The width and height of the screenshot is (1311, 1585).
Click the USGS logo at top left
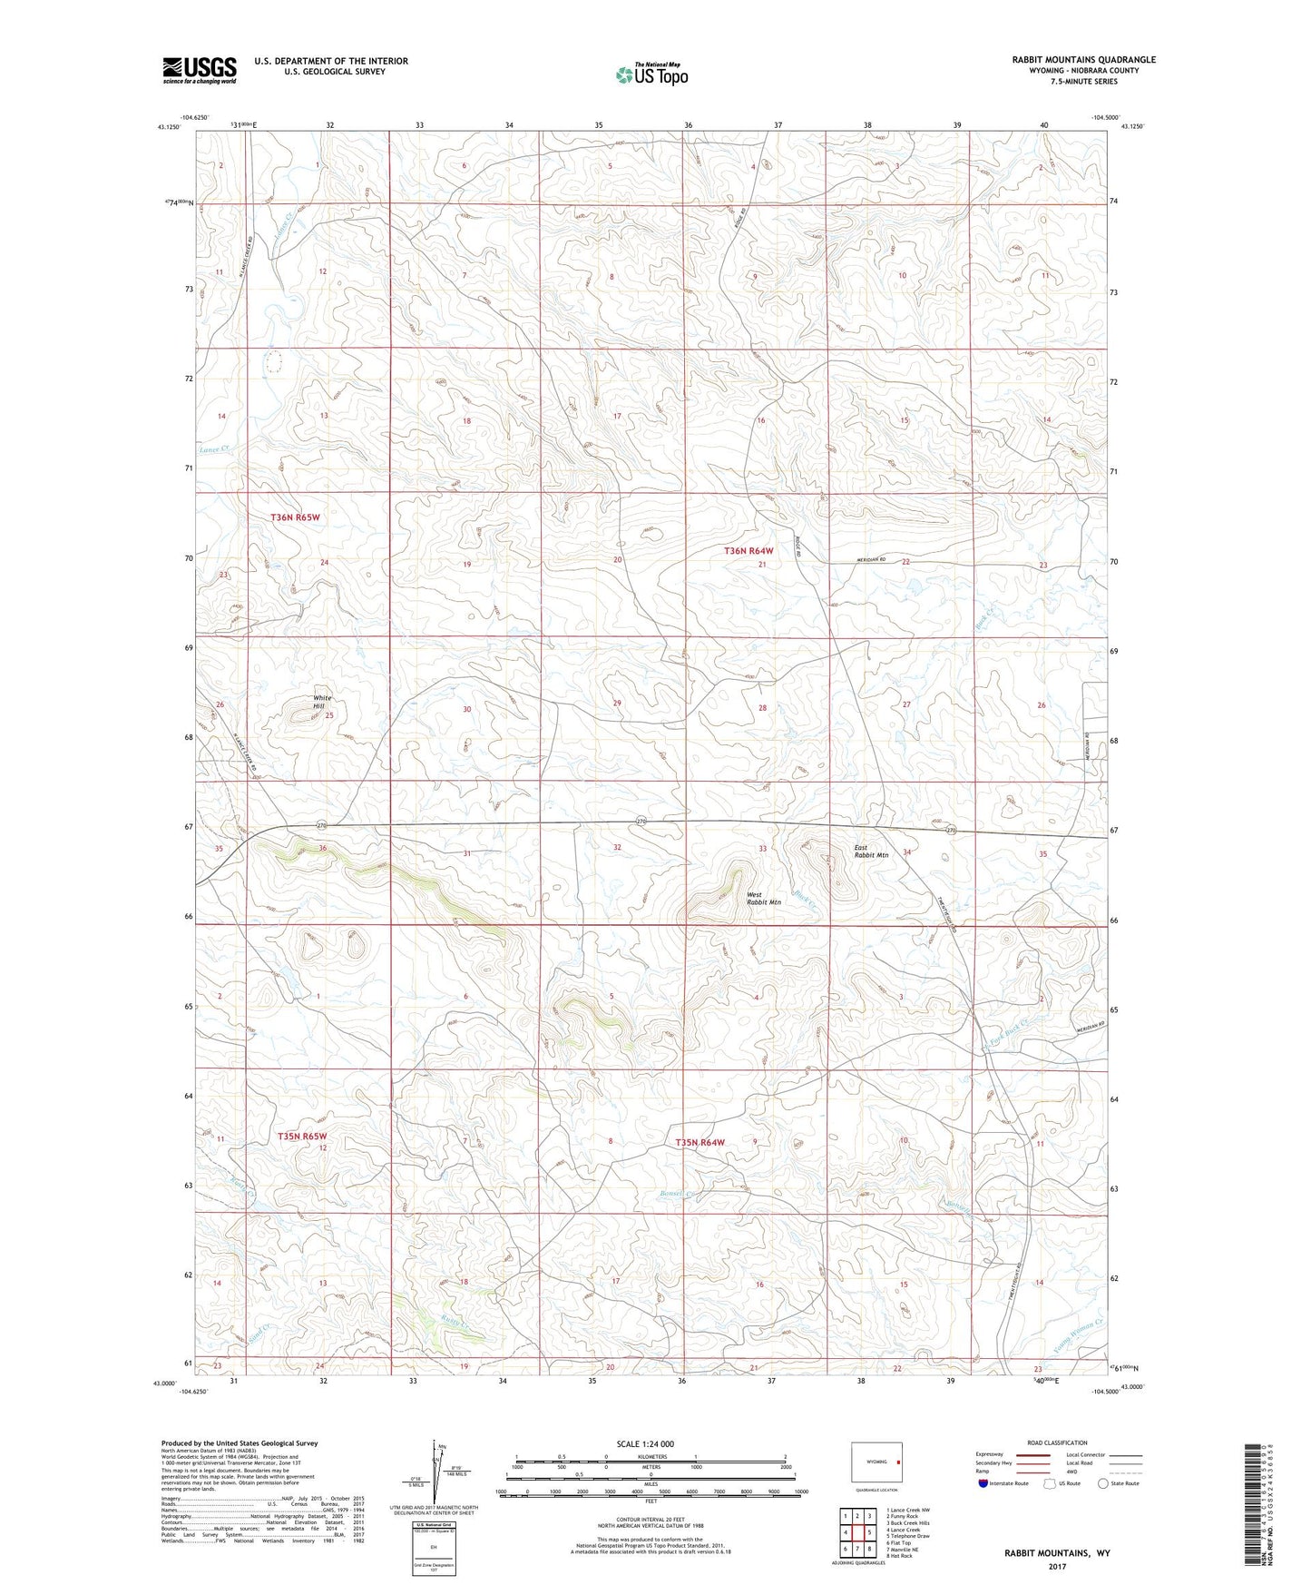(x=200, y=70)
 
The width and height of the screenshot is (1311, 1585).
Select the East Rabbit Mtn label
(x=871, y=852)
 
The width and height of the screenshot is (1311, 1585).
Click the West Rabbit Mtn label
(x=763, y=898)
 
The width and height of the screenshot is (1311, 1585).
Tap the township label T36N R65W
(x=296, y=517)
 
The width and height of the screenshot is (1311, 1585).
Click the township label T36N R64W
(x=748, y=551)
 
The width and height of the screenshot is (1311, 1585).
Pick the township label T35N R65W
(x=302, y=1136)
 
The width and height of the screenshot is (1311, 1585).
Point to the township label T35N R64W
(x=700, y=1142)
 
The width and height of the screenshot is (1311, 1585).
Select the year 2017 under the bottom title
(x=1056, y=1566)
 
